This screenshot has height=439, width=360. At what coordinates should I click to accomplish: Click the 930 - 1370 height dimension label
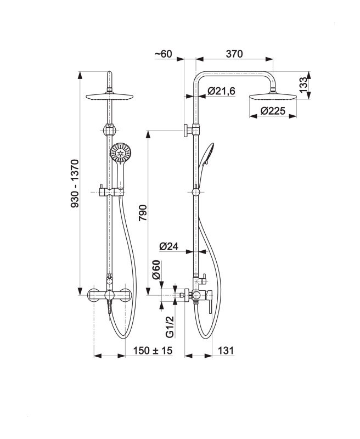pyautogui.click(x=75, y=183)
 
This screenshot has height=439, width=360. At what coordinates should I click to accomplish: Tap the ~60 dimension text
pyautogui.click(x=164, y=53)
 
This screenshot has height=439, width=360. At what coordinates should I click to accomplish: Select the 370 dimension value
pyautogui.click(x=234, y=54)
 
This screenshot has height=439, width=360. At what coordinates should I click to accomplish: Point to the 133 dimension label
pyautogui.click(x=303, y=85)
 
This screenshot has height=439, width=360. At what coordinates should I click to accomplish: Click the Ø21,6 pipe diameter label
pyautogui.click(x=221, y=91)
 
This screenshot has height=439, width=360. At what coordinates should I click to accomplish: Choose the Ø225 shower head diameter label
pyautogui.click(x=273, y=111)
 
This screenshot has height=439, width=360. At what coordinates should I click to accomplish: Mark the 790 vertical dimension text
pyautogui.click(x=143, y=213)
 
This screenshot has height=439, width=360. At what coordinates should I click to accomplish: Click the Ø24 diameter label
pyautogui.click(x=169, y=246)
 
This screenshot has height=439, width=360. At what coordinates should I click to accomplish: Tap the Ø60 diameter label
pyautogui.click(x=156, y=270)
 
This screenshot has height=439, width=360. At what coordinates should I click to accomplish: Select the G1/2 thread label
pyautogui.click(x=170, y=327)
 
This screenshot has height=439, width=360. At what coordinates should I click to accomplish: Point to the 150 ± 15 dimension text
pyautogui.click(x=153, y=350)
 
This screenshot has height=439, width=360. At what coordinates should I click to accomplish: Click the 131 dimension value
pyautogui.click(x=226, y=350)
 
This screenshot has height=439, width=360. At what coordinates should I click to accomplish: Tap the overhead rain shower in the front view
pyautogui.click(x=109, y=97)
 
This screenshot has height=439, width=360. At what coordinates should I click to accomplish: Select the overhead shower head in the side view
pyautogui.click(x=273, y=97)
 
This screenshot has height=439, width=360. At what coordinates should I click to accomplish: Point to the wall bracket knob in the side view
pyautogui.click(x=186, y=131)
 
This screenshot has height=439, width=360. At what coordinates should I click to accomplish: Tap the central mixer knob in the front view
pyautogui.click(x=109, y=295)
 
